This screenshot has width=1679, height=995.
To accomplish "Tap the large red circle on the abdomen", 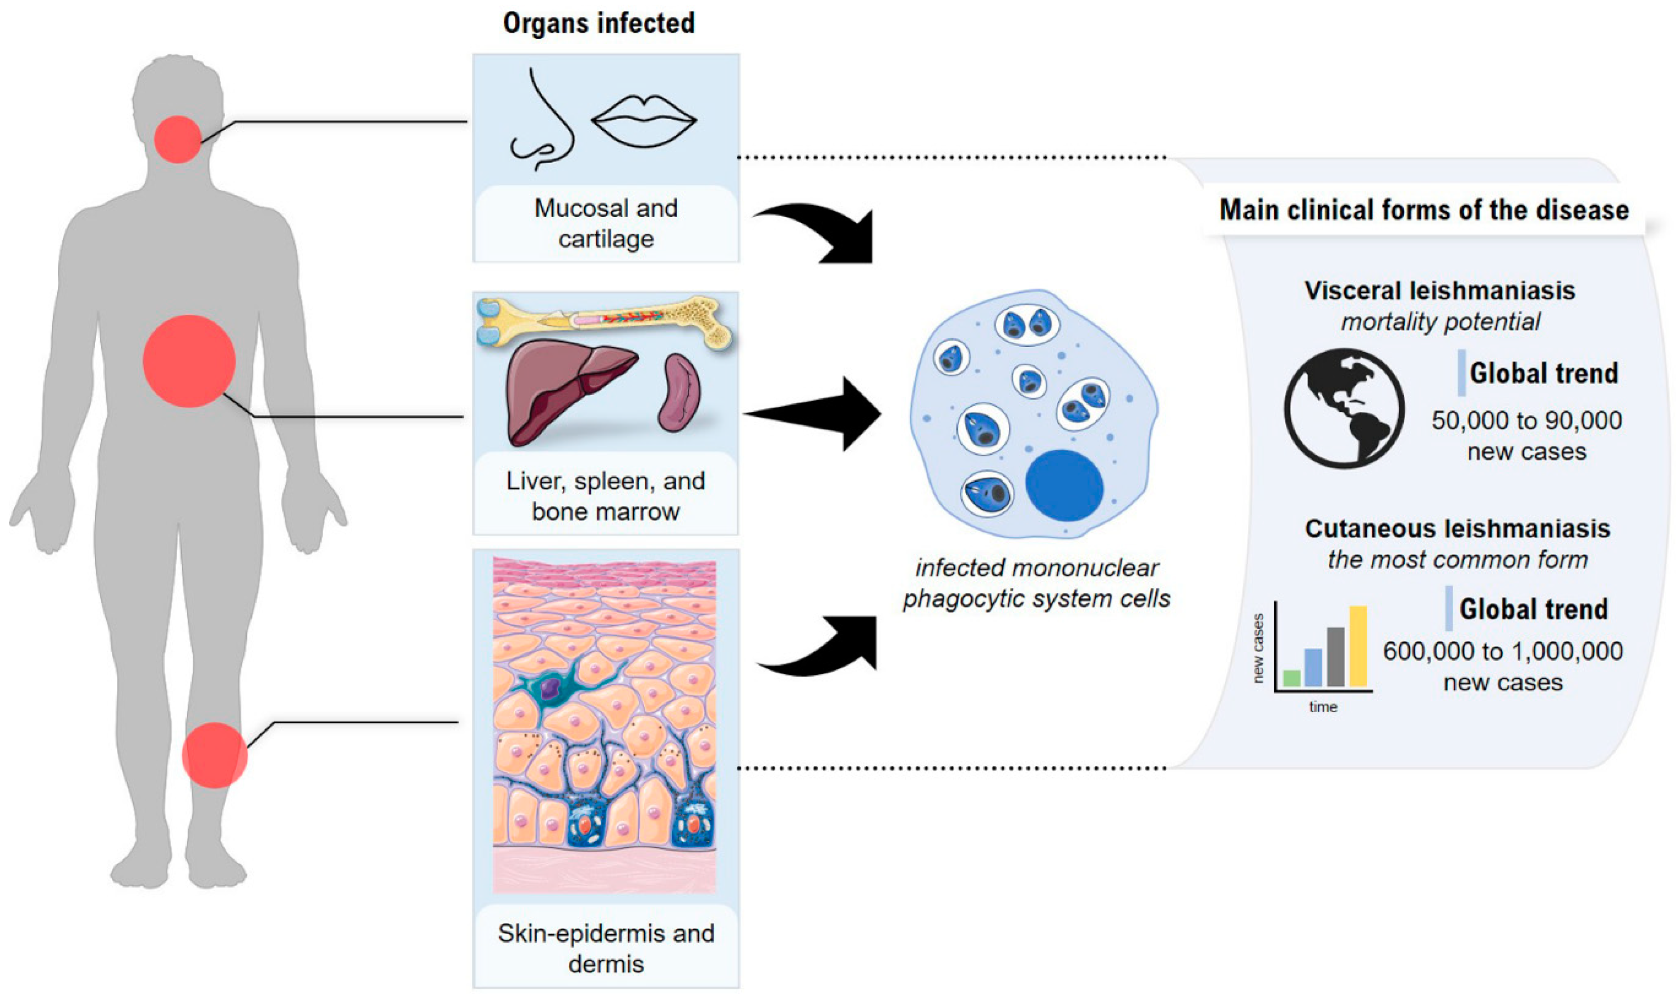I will coord(189,361).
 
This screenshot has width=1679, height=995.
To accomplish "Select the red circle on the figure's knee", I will coord(215,755).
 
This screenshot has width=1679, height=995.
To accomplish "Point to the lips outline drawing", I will coord(644,121).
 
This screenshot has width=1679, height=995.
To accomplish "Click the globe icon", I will coord(1344,408).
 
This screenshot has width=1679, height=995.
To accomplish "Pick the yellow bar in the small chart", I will coord(1358,646).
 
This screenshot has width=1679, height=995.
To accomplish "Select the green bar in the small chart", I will coord(1292,678).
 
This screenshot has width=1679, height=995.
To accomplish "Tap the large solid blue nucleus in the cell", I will coord(1064,485).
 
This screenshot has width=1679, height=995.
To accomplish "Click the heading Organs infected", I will coord(599,23).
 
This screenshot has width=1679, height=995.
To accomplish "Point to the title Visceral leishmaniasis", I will coord(1439,290).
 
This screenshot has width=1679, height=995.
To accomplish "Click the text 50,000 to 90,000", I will coord(1526,420).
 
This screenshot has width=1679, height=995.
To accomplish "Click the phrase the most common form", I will coord(1457,559).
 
